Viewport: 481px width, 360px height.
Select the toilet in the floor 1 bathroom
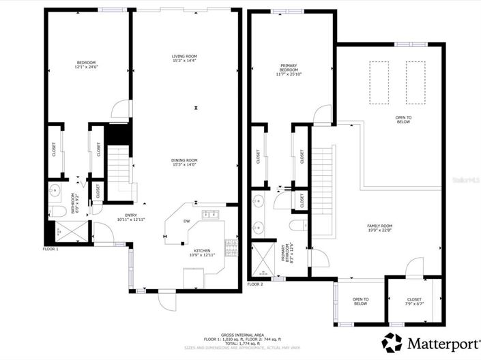point(54,209)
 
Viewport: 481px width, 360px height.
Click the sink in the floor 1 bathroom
point(55,190)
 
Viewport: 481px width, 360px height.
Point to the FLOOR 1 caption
point(51,250)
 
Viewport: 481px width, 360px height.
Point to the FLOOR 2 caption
point(255,284)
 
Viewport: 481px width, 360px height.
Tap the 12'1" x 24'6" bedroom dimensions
point(87,67)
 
